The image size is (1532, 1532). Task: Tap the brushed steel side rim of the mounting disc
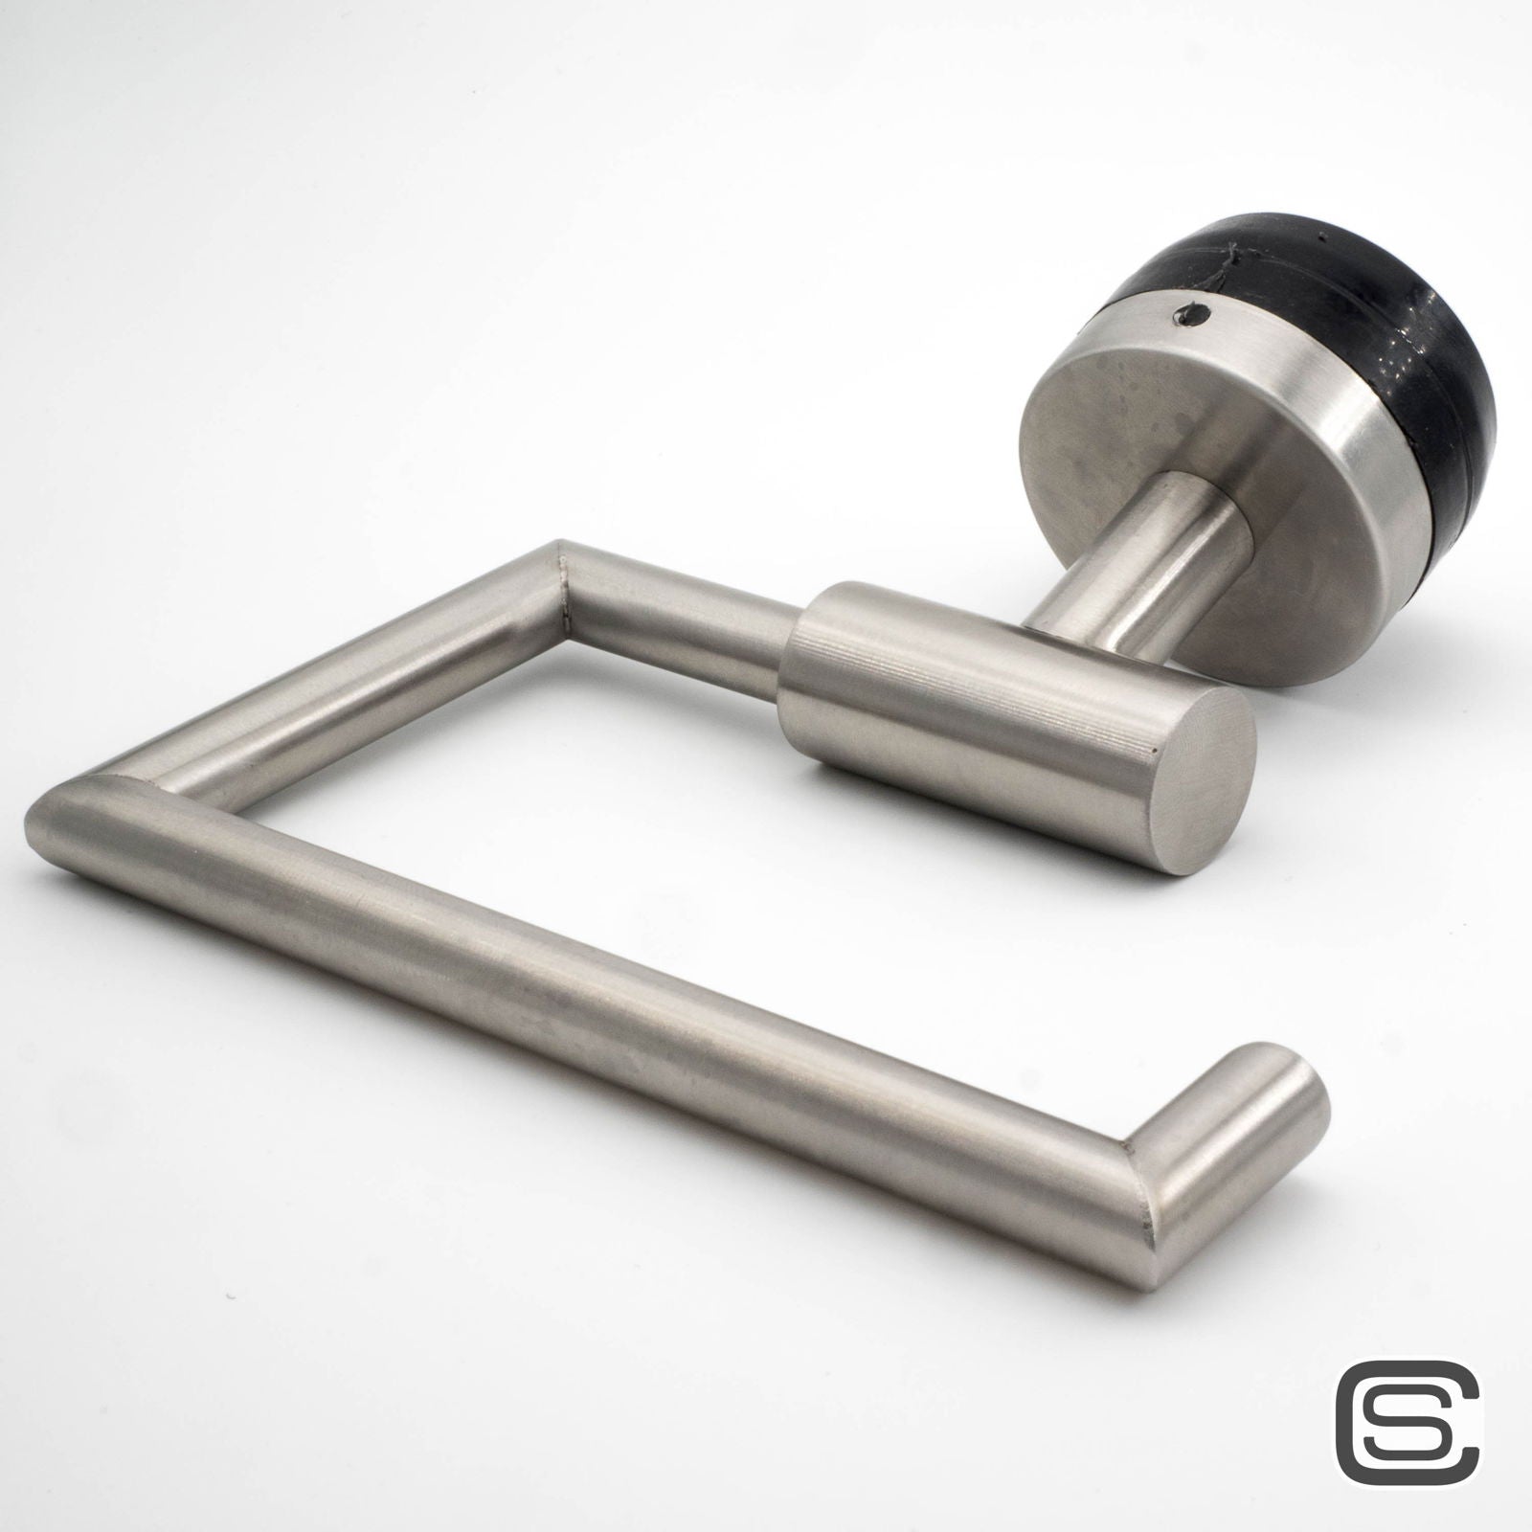[x=1340, y=536]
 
